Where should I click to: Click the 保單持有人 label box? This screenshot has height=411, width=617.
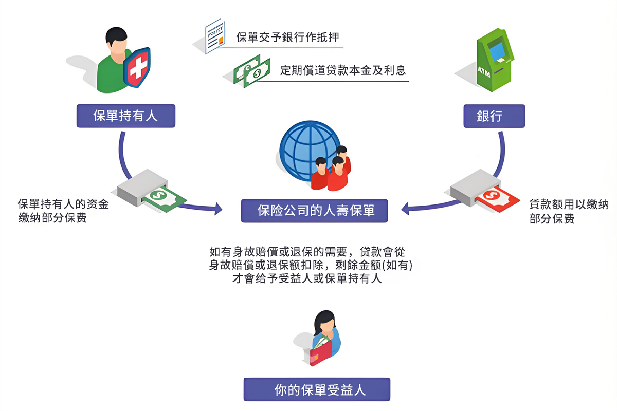[125, 116]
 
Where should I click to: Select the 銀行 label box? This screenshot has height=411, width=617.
[494, 116]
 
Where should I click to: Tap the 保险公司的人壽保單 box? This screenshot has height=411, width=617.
[315, 211]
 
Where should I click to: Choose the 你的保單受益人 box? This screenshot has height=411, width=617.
[317, 389]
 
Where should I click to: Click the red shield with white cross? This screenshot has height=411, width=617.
[137, 67]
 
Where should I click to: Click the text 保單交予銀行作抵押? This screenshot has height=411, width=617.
[288, 38]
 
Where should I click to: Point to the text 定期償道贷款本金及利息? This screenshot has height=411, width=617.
[343, 70]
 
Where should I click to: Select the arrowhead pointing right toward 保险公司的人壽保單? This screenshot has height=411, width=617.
[218, 209]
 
